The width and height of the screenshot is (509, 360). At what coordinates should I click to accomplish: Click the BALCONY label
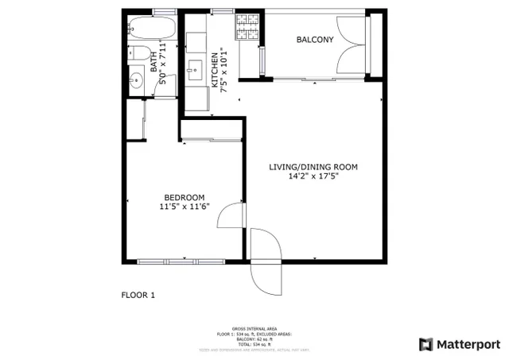point(314,40)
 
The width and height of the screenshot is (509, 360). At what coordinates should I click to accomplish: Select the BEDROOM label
point(185,198)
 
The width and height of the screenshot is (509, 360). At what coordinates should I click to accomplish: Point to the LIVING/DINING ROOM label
point(313,167)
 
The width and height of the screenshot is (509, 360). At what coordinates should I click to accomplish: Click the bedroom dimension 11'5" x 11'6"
point(185,208)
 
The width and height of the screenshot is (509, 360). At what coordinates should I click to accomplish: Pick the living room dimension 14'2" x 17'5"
point(313,177)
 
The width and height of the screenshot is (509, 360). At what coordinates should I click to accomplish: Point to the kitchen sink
point(195,71)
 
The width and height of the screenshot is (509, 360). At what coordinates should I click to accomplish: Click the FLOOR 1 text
point(138,296)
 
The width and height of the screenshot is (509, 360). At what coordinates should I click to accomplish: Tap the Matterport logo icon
point(426,344)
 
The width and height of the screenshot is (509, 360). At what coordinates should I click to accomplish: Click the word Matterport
point(470,344)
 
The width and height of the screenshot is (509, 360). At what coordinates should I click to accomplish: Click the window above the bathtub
point(165,11)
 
